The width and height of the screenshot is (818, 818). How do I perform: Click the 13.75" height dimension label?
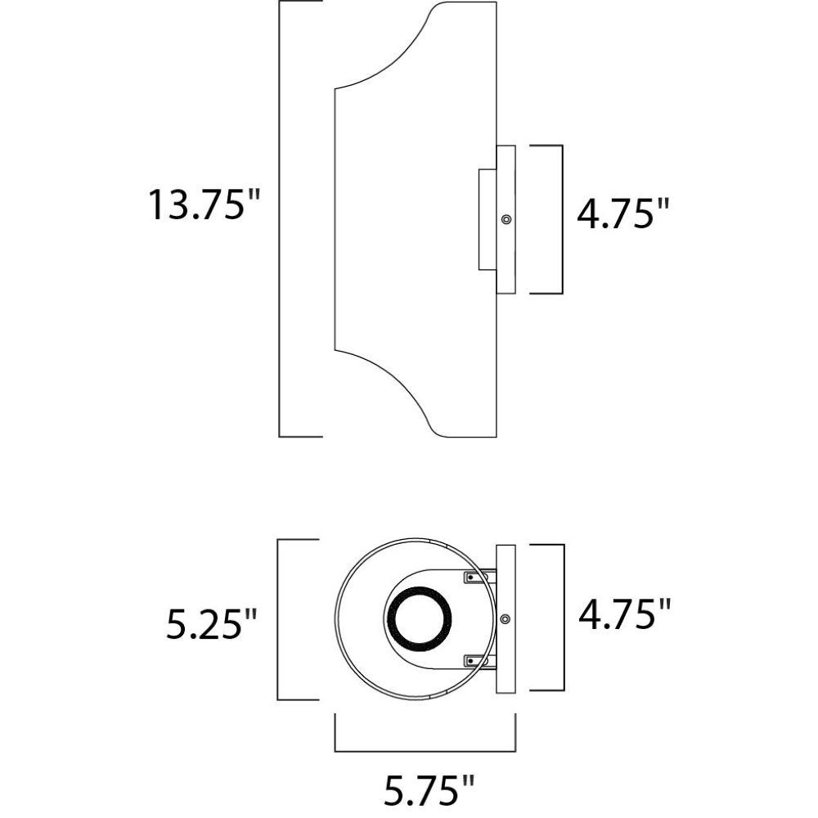pos(204,204)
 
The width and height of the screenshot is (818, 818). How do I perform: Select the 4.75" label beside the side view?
pos(622,213)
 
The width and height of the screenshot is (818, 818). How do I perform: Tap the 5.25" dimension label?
pos(211,623)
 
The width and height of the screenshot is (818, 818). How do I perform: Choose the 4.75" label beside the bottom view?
pos(624,614)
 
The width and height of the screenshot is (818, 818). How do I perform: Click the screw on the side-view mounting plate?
pos(506,219)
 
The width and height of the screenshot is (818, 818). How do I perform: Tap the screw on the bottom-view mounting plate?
pos(505,618)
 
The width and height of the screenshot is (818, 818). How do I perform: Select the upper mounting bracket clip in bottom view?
pos(476,577)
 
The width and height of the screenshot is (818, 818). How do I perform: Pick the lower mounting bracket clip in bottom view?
pos(476,661)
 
